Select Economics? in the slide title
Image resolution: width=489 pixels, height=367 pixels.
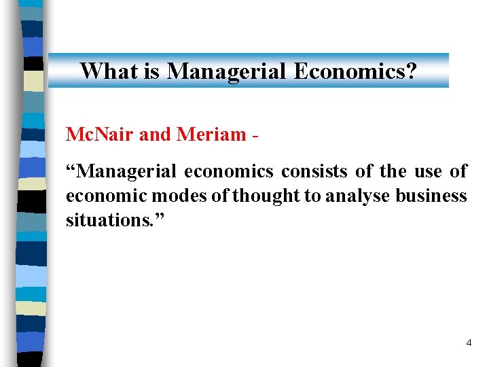(355, 71)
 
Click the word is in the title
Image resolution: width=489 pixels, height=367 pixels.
(152, 71)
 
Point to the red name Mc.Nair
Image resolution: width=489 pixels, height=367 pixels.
(100, 135)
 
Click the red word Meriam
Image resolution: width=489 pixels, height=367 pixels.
(211, 135)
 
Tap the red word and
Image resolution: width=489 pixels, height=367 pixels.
(155, 135)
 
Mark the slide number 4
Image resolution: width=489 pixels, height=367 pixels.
(469, 343)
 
